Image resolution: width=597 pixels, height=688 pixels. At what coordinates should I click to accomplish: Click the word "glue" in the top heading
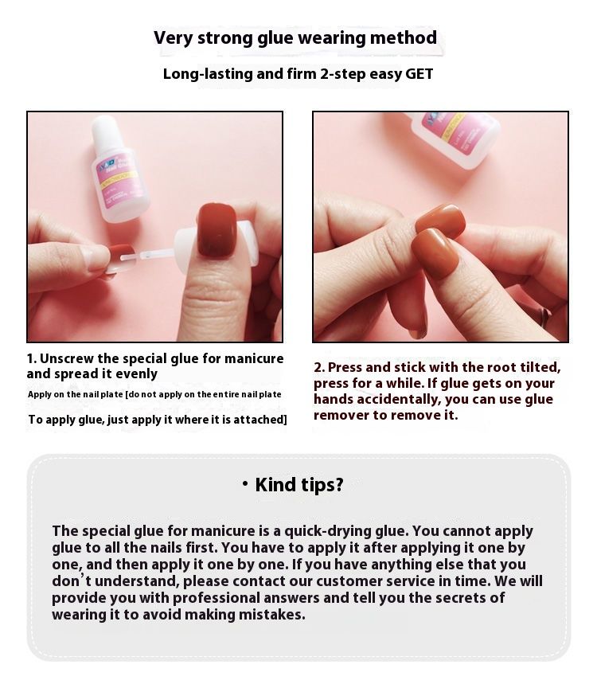275,38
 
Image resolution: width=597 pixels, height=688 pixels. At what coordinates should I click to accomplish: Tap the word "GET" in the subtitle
419,74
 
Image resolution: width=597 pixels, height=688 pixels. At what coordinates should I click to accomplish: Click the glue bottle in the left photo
119,168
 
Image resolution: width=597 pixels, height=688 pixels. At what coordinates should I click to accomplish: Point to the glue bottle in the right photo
455,139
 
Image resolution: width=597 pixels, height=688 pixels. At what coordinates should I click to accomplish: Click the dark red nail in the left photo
218,230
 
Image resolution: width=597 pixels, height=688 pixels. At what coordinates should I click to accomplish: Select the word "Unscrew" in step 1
67,358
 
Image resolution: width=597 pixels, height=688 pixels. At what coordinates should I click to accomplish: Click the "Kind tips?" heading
299,485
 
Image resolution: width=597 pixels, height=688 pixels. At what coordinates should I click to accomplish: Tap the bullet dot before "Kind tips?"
245,484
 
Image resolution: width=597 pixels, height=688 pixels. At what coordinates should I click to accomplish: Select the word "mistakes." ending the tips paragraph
271,615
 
